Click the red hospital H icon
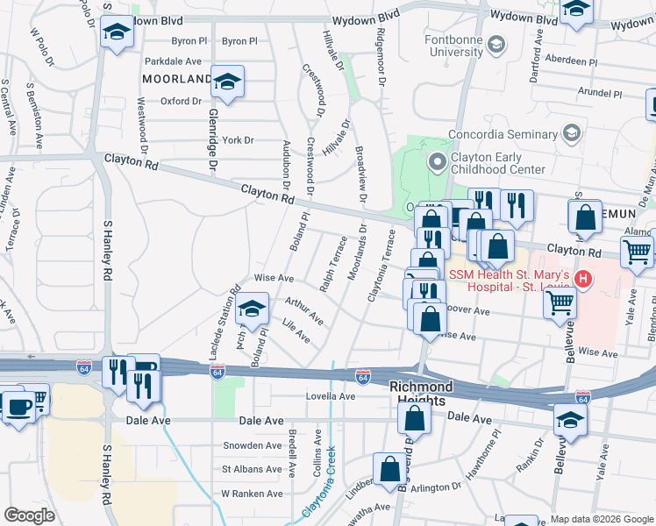tap(583, 280)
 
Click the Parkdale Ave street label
tap(173, 61)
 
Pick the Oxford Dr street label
tap(181, 101)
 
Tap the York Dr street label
tap(238, 140)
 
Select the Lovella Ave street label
tap(329, 396)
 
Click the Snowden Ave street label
tap(250, 445)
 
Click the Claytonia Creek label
tap(320, 491)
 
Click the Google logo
tap(29, 515)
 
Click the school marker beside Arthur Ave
tap(253, 310)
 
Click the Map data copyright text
tap(601, 519)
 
